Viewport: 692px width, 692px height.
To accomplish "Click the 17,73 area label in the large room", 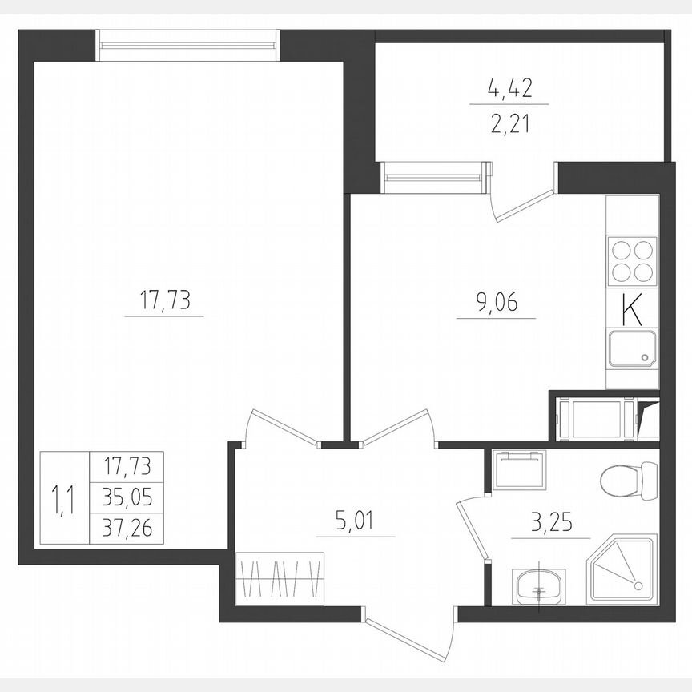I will [163, 302].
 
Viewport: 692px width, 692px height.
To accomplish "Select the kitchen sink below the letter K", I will [632, 350].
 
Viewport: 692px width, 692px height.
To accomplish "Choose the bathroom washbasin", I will [539, 587].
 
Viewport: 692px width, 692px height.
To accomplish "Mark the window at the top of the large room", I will [188, 45].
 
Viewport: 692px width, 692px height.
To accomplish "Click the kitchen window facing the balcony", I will [435, 175].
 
